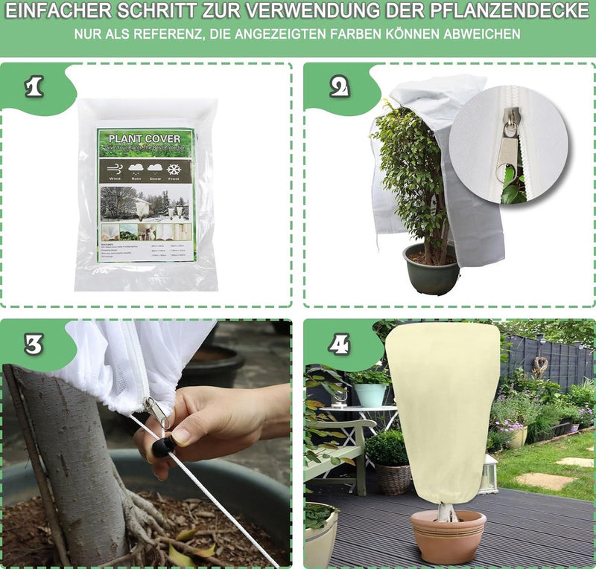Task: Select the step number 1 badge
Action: [34, 87]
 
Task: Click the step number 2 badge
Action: [339, 87]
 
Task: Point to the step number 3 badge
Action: [34, 344]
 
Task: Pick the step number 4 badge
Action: [339, 344]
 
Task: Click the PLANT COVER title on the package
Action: [145, 138]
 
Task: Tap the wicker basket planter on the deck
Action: [393, 478]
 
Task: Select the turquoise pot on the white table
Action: [370, 393]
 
